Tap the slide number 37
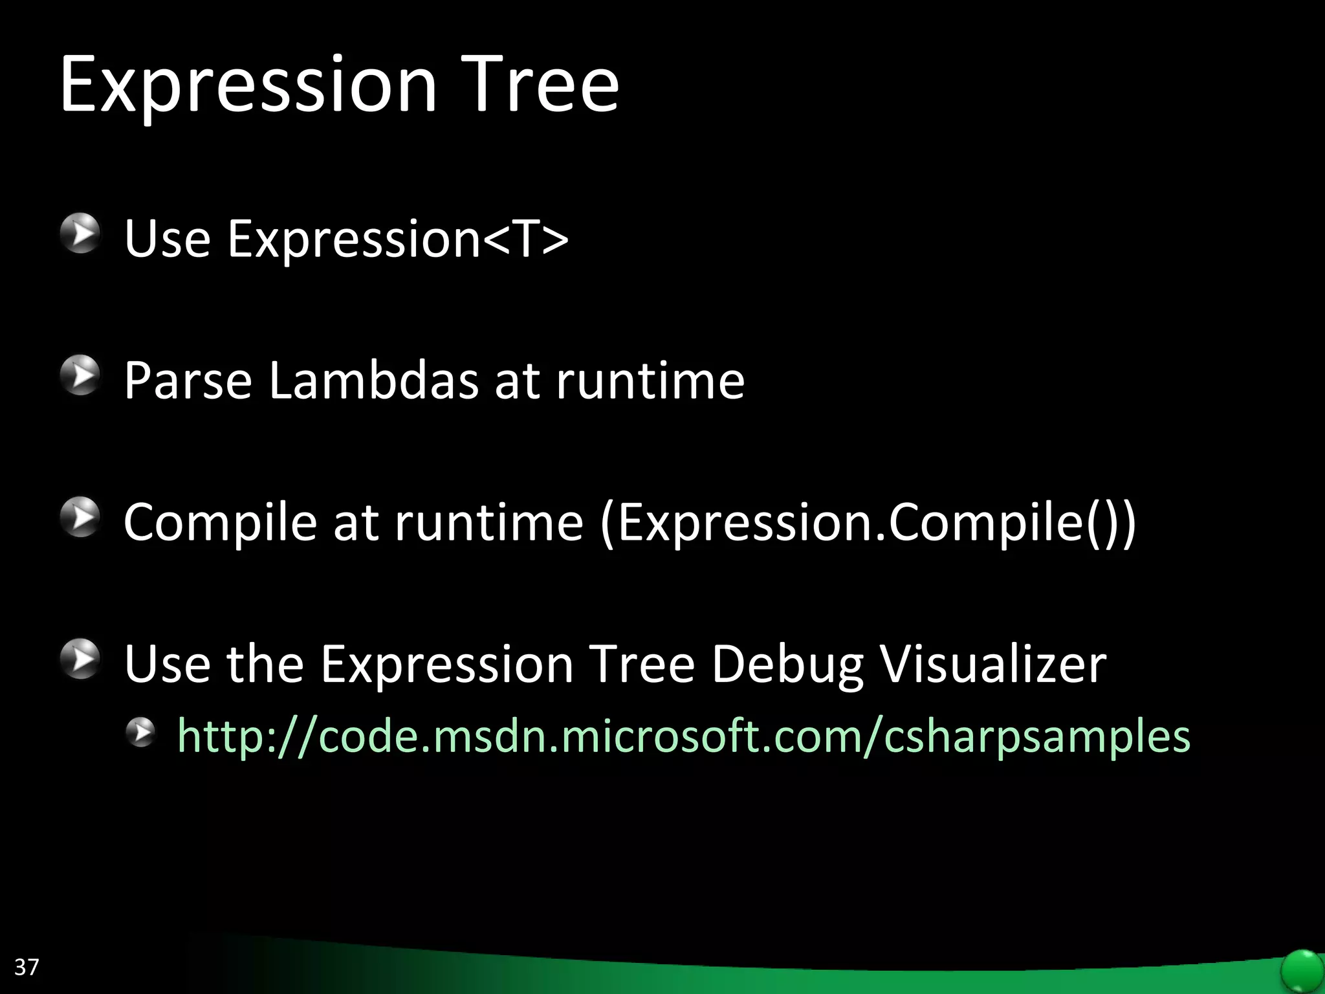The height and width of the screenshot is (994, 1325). pyautogui.click(x=27, y=967)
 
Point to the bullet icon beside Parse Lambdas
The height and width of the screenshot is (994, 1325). pyautogui.click(x=80, y=375)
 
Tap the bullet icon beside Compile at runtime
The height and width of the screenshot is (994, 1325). pyautogui.click(x=80, y=517)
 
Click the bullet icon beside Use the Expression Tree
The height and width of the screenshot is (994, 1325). pyautogui.click(x=80, y=659)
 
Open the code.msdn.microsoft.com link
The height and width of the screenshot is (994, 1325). pyautogui.click(x=683, y=736)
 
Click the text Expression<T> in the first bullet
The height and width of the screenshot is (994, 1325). pyautogui.click(x=397, y=239)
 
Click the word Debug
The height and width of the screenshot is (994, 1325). pyautogui.click(x=787, y=665)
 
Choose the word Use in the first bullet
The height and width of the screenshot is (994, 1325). pyautogui.click(x=168, y=239)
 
